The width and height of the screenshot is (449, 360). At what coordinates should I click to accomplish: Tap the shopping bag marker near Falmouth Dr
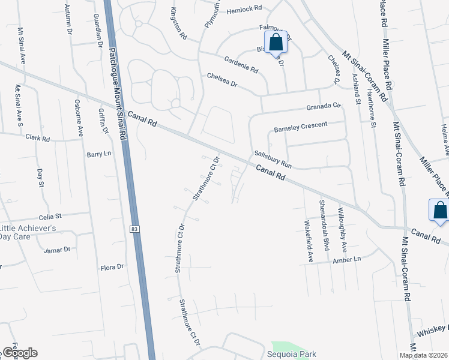276,43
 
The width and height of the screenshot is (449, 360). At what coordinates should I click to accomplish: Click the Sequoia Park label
291,355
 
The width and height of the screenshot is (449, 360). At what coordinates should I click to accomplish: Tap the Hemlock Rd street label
245,10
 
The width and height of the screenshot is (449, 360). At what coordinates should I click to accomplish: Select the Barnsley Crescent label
301,126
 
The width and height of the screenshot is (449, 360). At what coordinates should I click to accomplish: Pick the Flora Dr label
112,266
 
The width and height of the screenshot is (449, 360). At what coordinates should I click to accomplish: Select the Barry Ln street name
99,154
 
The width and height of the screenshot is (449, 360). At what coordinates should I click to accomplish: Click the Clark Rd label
37,137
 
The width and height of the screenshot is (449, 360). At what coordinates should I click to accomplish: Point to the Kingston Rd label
179,24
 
